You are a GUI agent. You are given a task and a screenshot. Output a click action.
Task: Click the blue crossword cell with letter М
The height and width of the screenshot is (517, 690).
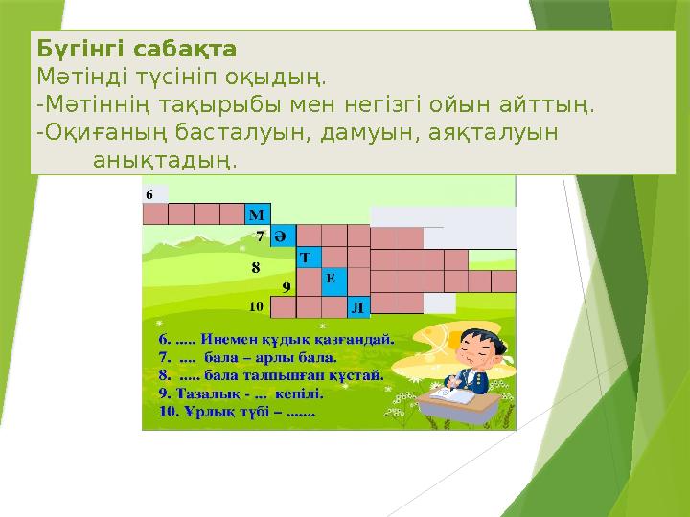258,213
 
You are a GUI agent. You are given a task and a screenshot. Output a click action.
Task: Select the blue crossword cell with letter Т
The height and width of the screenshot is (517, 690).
308,258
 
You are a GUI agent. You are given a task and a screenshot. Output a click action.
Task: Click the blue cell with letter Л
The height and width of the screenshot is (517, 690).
357,306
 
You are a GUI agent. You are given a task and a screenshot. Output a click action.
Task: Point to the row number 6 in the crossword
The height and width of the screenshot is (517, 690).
149,193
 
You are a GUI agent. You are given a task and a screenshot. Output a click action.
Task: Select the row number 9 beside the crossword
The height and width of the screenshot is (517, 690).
286,285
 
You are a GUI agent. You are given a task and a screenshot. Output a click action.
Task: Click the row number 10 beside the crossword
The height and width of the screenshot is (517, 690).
257,307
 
